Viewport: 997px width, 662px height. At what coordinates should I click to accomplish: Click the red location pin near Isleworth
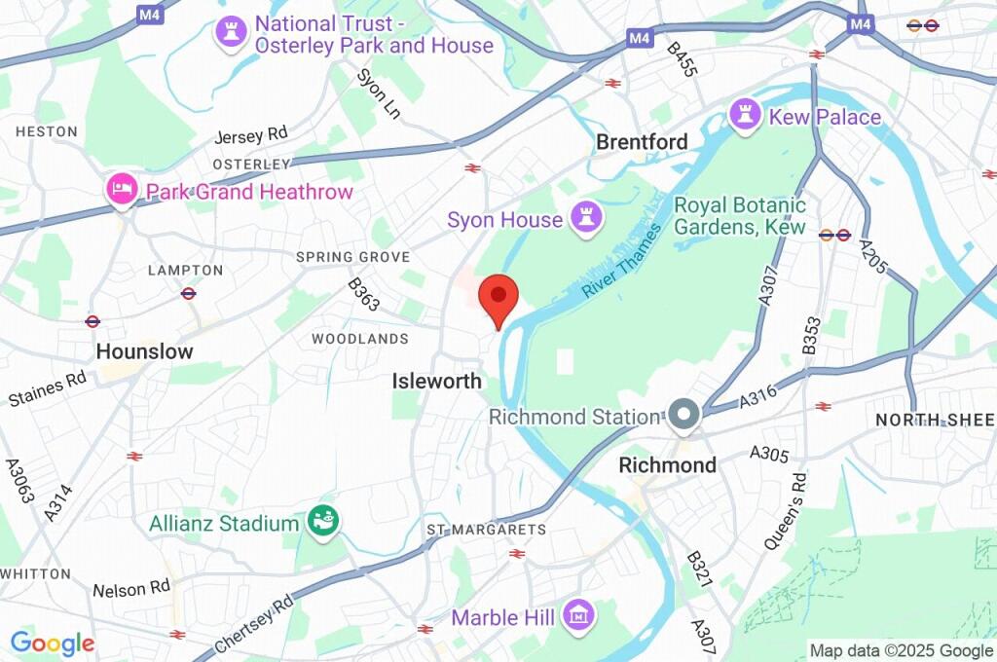coord(499,298)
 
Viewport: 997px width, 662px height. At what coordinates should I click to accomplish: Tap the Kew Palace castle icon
coord(747,116)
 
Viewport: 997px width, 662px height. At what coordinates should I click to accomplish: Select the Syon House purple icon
coord(586,219)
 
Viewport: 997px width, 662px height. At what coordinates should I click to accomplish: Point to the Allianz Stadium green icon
coord(322,523)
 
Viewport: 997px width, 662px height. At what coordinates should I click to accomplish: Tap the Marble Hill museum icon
coord(578,615)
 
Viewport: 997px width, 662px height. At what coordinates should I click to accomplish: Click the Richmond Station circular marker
coord(683,417)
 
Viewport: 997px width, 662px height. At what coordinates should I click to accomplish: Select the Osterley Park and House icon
coord(231,31)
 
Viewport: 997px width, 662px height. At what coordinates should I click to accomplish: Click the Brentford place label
coord(642,142)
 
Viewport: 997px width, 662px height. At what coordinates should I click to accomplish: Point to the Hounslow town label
coord(144,351)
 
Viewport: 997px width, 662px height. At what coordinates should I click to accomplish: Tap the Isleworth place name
coord(436,382)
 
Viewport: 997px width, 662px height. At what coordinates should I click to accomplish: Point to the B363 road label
coord(363,296)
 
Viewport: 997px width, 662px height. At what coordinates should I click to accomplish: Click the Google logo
coord(53,643)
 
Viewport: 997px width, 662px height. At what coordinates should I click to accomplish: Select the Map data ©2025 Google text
coord(902,650)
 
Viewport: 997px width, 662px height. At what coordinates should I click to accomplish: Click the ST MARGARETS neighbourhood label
coord(486,529)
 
